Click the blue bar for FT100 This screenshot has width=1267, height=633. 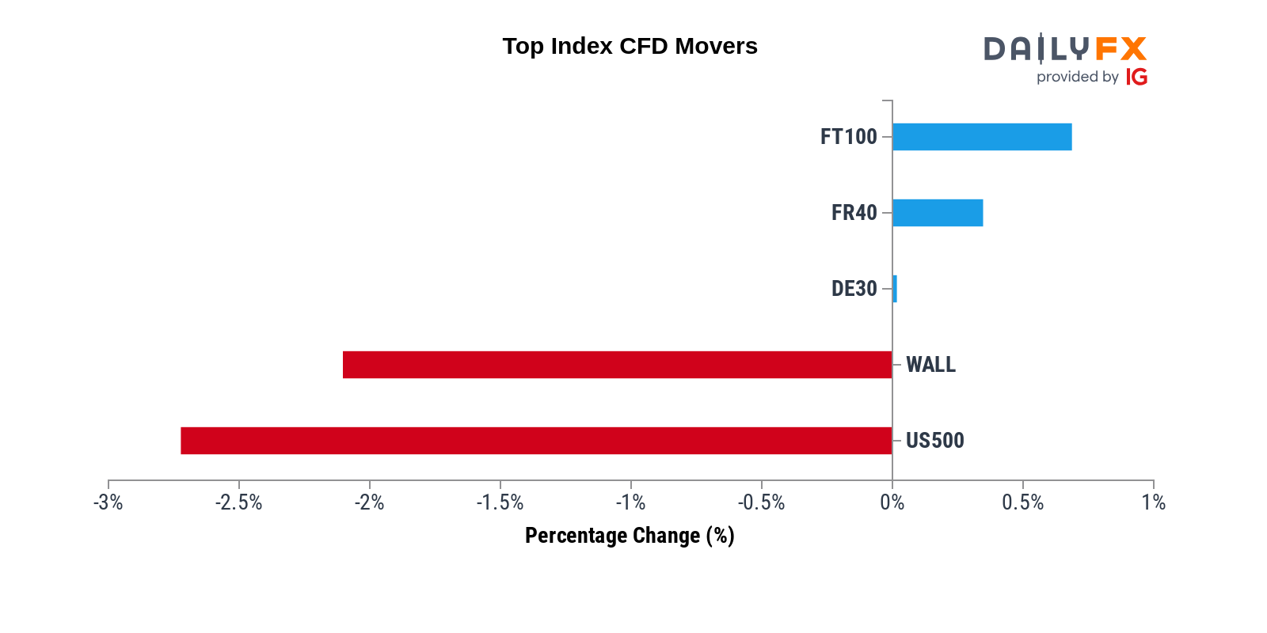(982, 137)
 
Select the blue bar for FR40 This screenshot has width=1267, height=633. (938, 213)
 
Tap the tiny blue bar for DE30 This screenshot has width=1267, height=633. (895, 289)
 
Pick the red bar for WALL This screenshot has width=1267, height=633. (618, 365)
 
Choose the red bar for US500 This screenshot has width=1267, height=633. (537, 441)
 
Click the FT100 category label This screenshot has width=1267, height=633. (848, 137)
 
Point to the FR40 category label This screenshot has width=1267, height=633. (854, 213)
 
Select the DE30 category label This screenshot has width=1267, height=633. (854, 289)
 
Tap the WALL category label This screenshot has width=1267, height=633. (931, 365)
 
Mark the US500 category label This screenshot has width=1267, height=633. (935, 441)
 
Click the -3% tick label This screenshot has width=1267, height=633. (108, 502)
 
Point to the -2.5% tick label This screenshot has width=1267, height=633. (238, 502)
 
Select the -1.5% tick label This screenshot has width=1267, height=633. (500, 502)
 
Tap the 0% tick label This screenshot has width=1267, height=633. (892, 502)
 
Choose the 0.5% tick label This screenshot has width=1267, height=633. (1022, 502)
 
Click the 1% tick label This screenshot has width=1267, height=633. (1154, 502)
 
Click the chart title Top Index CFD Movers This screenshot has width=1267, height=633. (630, 47)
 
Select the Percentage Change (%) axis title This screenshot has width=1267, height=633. (630, 536)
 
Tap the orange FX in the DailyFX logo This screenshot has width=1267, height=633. (1121, 48)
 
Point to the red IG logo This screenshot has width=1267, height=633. (1136, 77)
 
